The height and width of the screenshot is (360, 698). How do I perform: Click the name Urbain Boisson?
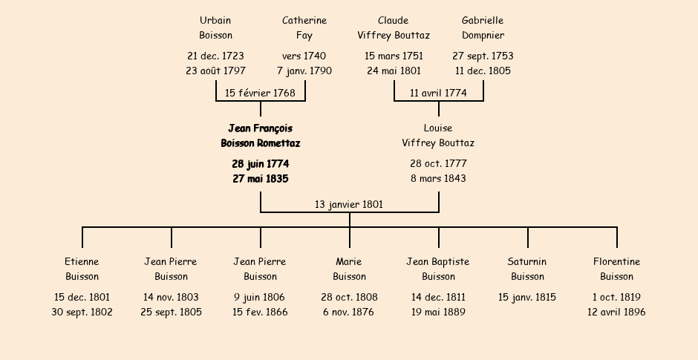tap(215, 27)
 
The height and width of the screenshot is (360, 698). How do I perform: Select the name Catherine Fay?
tap(304, 27)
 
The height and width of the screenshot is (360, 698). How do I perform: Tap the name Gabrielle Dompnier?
tap(483, 27)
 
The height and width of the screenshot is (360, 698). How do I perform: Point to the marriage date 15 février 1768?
tap(260, 93)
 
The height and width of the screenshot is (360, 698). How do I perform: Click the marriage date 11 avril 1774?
tap(438, 93)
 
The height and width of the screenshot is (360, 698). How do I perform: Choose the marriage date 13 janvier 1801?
tap(349, 204)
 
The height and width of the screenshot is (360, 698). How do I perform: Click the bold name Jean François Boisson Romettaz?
tap(260, 136)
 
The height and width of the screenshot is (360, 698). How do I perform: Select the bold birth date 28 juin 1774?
tap(260, 163)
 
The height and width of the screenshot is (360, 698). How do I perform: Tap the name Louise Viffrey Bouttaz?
tap(438, 136)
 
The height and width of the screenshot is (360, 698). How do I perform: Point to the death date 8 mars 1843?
tap(438, 178)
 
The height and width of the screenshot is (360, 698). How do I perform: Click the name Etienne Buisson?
tap(82, 269)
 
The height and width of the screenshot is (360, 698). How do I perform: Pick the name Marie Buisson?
tap(349, 269)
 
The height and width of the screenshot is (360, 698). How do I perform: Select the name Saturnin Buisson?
tap(527, 269)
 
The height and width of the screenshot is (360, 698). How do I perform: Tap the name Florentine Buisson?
tap(616, 269)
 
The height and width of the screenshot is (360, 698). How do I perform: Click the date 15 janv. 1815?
tap(527, 297)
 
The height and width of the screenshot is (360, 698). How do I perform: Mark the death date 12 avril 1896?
tap(616, 312)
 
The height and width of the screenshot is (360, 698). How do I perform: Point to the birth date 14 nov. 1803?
tap(171, 297)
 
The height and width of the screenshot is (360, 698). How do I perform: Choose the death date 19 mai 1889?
tap(438, 312)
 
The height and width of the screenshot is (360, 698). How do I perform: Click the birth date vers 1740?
tap(304, 56)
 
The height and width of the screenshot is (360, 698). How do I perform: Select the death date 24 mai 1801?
tap(394, 71)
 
